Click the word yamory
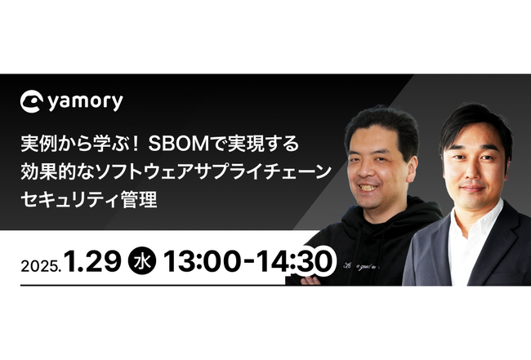[x=85, y=101]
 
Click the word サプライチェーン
[x=263, y=171]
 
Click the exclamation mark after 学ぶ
[x=135, y=144]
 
